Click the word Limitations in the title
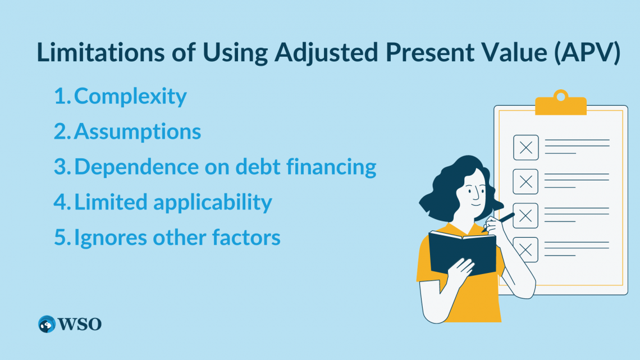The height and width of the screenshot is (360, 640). pos(100,52)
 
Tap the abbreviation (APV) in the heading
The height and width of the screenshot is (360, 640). pos(587,53)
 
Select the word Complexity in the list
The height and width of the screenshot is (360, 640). pos(130,97)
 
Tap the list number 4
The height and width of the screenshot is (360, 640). pos(62,202)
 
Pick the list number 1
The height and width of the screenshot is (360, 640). pos(62,97)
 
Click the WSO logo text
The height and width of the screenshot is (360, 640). pos(80,324)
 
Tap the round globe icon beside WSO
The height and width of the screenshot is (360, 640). pos(47,324)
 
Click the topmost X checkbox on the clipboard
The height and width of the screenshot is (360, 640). pos(525,147)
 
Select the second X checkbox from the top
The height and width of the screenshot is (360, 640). pos(525,181)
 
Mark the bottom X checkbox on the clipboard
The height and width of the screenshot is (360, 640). pos(526,249)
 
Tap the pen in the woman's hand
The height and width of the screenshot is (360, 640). pos(499,222)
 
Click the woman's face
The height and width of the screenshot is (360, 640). pos(473,194)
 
